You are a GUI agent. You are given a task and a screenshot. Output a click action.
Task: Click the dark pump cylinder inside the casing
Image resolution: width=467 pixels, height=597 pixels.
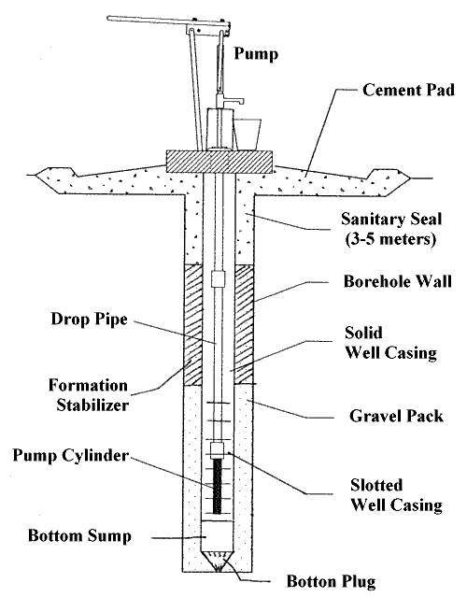tap(220, 486)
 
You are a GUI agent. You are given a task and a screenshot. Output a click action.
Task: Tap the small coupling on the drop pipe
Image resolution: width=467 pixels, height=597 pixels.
tap(218, 278)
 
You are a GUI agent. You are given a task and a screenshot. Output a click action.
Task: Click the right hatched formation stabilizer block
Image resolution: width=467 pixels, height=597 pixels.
tap(244, 324)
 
